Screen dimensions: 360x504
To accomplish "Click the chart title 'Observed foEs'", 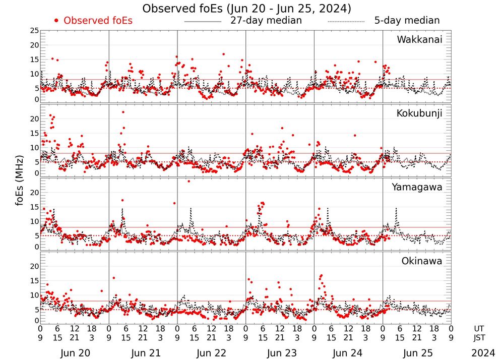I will coord(246,9).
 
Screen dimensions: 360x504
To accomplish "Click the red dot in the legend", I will coord(57,21).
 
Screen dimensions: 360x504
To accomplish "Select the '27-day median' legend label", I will coord(266,21).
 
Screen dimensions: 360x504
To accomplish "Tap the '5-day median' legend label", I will coord(407,21).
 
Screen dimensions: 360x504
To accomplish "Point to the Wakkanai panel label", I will coord(419,39).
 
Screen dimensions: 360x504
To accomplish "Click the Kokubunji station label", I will coord(419,113).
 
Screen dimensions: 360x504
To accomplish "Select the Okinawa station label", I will coord(422,261).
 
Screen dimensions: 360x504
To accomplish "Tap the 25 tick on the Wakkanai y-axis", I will coord(34,31).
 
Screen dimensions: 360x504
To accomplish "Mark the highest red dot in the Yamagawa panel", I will coord(188,181).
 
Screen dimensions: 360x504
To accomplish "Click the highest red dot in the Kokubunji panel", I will coord(123,112).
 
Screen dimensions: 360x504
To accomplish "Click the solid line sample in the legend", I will coord(203,22).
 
